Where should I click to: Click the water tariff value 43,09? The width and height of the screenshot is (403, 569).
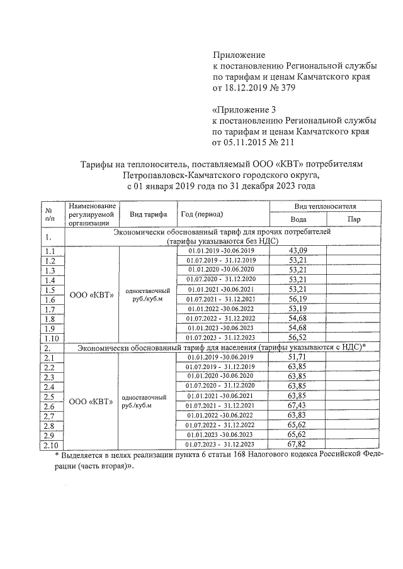pos(297,250)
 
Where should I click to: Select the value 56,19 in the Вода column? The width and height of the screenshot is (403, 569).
pos(297,300)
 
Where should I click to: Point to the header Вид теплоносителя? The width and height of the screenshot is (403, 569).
pos(325,206)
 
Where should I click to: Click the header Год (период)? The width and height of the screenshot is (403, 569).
pos(201,214)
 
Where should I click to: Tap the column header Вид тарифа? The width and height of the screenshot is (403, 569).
pos(148,214)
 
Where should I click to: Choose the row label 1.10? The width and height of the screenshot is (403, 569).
pos(50,337)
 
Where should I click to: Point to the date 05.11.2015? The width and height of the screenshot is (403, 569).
pos(249,143)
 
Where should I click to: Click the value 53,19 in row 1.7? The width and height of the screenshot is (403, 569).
pos(297,309)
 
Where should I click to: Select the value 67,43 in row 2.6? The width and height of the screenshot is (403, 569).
pos(297,406)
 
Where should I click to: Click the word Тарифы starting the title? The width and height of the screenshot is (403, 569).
pos(98,164)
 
